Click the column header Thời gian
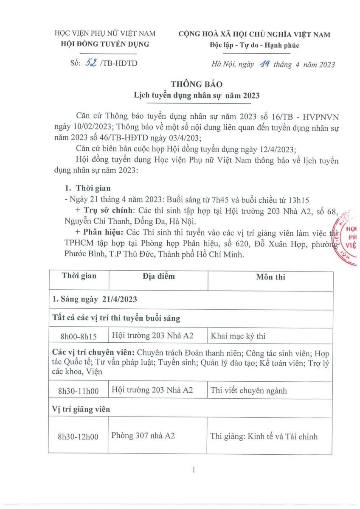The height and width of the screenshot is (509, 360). [79, 276]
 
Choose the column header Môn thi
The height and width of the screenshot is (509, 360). [270, 277]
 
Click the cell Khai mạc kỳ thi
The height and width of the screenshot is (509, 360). [238, 336]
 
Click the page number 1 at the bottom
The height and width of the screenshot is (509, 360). [193, 470]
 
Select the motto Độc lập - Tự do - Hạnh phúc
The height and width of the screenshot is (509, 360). [254, 46]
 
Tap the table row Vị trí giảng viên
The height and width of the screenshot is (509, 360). [81, 409]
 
